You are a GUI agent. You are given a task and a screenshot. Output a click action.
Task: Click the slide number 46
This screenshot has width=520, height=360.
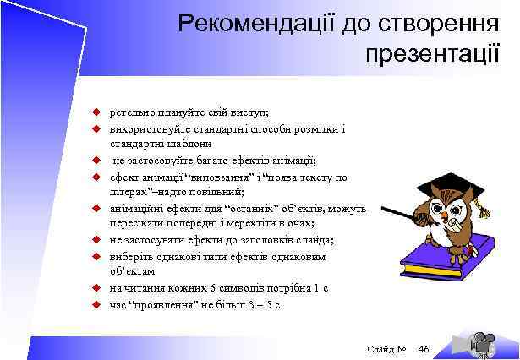coord(424,350)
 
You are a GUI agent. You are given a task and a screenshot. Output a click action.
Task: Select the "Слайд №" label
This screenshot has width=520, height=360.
coord(388,350)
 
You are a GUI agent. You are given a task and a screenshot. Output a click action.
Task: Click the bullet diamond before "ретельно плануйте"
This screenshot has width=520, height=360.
coord(97,112)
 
